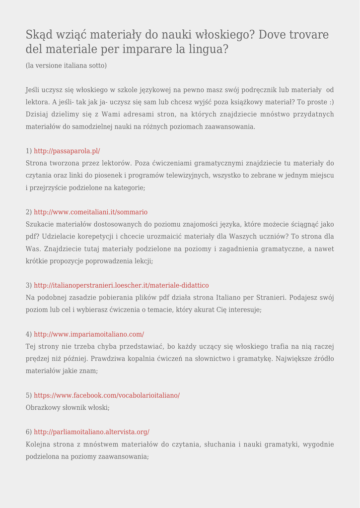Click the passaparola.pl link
(67, 151)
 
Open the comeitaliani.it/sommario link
(91, 212)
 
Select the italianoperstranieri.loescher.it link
(121, 285)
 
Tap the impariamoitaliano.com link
(89, 334)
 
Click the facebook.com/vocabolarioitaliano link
(107, 395)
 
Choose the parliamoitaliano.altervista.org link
(91, 432)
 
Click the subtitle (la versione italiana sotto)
(66, 65)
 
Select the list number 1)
(29, 151)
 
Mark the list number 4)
(29, 334)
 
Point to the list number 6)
(29, 432)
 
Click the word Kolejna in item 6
(38, 444)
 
